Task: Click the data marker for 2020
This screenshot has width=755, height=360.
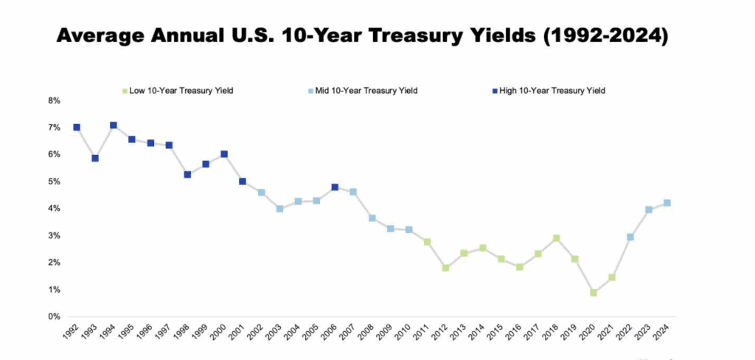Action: (594, 293)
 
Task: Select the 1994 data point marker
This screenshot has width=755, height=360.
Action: (114, 125)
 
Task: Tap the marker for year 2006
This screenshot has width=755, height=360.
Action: (335, 187)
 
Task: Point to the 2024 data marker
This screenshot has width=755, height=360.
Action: (667, 203)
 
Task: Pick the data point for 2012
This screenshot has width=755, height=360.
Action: (445, 268)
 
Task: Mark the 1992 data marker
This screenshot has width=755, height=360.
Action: (77, 128)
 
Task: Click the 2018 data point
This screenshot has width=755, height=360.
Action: (557, 238)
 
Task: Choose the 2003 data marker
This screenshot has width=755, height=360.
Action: (279, 209)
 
